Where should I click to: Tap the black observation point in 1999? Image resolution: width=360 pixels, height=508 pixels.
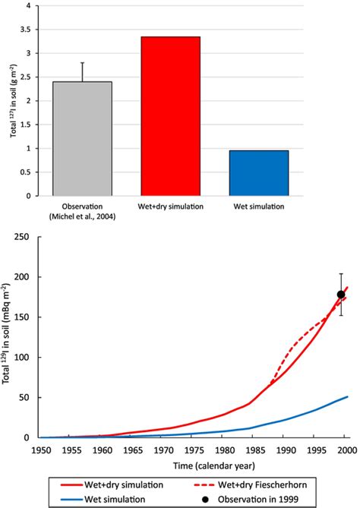click(341, 295)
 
